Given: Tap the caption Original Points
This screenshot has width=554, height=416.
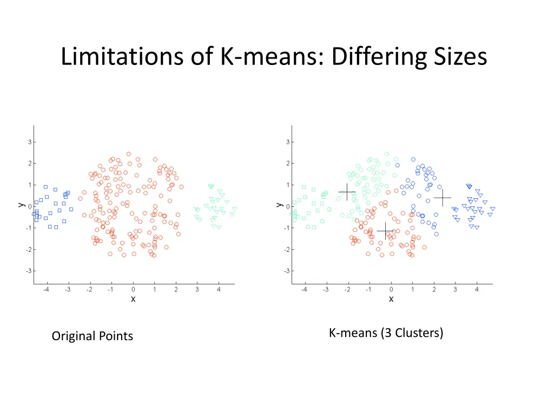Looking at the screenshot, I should (93, 336).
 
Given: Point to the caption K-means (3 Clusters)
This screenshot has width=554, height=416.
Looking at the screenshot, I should (386, 333).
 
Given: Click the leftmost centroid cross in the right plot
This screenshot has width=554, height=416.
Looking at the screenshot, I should (347, 192).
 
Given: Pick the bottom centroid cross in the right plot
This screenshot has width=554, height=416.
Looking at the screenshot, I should (385, 231).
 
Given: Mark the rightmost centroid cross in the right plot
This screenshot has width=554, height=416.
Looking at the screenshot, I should (443, 198).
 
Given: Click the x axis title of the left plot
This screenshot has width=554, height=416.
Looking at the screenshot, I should (133, 299).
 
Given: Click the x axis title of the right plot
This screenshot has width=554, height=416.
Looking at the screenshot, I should (391, 299).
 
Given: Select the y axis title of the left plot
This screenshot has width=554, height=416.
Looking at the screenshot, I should (20, 205).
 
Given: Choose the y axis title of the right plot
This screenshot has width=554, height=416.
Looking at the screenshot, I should (278, 205).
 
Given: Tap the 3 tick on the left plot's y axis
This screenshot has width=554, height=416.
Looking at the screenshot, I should (29, 142).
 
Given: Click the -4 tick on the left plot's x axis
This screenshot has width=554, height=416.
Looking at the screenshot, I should (46, 290).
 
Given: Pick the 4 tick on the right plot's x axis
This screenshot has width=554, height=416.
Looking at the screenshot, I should (477, 290).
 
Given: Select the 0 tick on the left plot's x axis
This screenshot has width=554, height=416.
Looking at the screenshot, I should (133, 290).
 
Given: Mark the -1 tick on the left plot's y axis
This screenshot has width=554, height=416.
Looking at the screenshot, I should (28, 228).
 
